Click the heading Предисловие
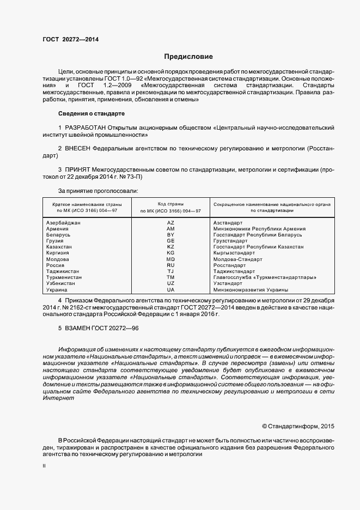(189, 57)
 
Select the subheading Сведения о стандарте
(91, 113)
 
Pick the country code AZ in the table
(170, 223)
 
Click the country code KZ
(170, 247)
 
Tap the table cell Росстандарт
(230, 265)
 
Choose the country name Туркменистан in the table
(64, 277)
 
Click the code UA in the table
(170, 290)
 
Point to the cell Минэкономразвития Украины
(251, 290)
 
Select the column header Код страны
(170, 203)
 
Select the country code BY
(170, 235)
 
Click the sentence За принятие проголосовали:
(98, 191)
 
